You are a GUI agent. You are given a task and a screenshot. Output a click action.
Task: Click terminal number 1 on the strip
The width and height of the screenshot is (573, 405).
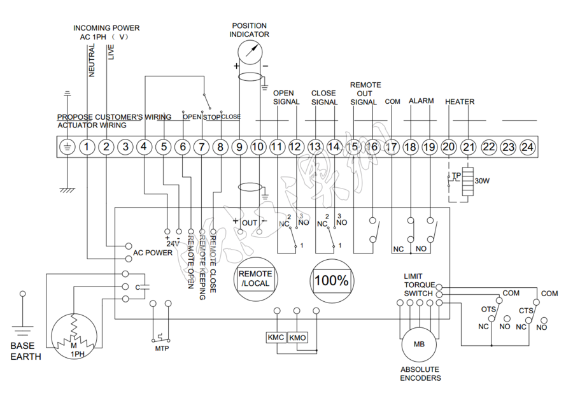tap(87, 147)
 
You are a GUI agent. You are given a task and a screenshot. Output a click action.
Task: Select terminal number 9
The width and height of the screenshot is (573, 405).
tap(239, 147)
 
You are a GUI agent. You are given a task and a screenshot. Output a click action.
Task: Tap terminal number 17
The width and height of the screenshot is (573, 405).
tap(392, 147)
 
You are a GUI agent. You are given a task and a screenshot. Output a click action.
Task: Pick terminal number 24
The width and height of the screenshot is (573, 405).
tap(527, 147)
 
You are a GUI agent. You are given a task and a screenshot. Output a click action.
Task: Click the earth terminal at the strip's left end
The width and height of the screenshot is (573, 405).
tap(66, 147)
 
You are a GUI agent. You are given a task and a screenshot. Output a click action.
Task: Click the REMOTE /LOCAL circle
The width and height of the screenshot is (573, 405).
tap(254, 278)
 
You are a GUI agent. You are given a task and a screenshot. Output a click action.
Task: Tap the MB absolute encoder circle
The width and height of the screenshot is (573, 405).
tap(420, 345)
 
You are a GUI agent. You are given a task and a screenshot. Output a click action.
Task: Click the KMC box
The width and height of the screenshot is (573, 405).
tap(276, 337)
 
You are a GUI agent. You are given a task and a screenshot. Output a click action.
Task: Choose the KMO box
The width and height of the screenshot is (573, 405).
tap(297, 337)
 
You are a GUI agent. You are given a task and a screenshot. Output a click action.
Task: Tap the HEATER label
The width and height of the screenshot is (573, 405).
tap(459, 102)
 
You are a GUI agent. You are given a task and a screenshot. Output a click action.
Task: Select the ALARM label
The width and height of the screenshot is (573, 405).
tap(421, 101)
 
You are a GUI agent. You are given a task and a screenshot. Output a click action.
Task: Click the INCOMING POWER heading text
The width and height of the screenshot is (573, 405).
tap(106, 28)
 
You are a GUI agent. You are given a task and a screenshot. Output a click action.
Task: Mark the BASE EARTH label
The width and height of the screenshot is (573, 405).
tap(25, 352)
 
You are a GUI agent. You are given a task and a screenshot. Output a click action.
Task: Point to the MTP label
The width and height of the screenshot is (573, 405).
tap(161, 349)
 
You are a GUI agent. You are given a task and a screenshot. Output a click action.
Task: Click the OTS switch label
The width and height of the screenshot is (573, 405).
tap(488, 309)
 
